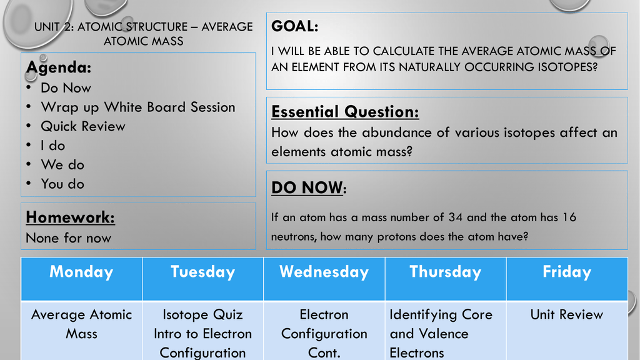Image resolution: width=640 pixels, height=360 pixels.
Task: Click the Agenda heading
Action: (x=58, y=67)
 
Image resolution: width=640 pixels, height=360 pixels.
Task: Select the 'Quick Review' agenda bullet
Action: (x=83, y=126)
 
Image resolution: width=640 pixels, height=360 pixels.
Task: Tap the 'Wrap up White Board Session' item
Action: (x=138, y=107)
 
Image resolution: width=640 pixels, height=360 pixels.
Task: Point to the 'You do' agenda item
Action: (x=62, y=184)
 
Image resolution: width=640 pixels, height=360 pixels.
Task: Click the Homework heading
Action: (x=70, y=217)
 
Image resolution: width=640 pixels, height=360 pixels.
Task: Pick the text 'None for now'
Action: (x=68, y=238)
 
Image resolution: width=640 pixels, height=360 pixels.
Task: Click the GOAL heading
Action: (x=295, y=26)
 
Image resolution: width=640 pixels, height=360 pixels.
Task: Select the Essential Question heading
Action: (x=345, y=111)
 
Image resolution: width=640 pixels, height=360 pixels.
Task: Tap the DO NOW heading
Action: (x=309, y=187)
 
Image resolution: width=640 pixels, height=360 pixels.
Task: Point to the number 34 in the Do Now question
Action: (x=455, y=217)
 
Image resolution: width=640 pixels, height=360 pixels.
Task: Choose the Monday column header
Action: (x=81, y=272)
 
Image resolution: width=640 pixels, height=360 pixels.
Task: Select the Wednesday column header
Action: (x=324, y=272)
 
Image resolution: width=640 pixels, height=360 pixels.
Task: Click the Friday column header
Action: (x=566, y=272)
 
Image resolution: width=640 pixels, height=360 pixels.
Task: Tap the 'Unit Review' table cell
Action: (x=566, y=314)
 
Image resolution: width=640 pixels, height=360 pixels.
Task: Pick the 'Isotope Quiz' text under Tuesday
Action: (x=202, y=315)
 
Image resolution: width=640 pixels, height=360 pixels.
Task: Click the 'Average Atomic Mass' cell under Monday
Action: (x=81, y=324)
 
